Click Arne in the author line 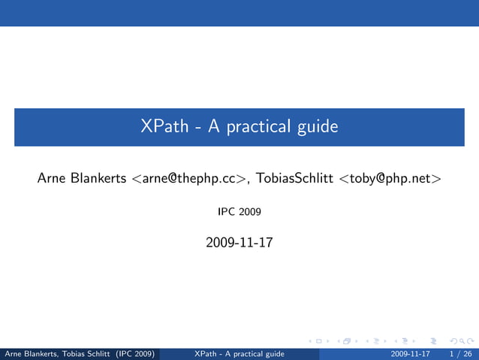[x=51, y=178]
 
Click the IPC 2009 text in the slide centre [x=239, y=213]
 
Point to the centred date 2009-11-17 [x=239, y=244]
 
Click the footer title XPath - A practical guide [x=239, y=353]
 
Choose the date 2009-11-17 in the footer [x=411, y=353]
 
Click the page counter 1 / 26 [x=459, y=353]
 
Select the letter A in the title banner [x=213, y=127]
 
